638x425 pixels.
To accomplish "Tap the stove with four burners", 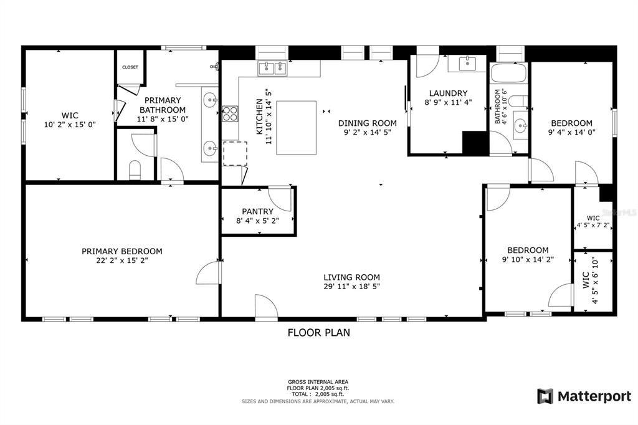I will [230, 113].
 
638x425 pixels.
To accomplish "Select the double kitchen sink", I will [273, 67].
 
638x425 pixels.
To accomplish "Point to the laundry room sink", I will [467, 64].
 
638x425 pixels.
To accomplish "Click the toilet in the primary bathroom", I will [134, 170].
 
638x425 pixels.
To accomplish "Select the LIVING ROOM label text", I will [351, 277].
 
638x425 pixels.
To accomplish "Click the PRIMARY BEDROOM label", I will [121, 251].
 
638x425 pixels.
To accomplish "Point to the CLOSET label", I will [130, 67].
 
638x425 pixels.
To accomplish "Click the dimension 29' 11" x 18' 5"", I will [351, 287].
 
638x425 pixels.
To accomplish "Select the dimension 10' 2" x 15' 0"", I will [69, 124].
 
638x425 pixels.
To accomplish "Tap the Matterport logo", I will [584, 396].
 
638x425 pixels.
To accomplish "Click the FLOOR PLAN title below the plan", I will [318, 333].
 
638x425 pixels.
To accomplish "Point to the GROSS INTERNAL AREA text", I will [318, 381].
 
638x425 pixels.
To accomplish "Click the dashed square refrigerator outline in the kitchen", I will [235, 153].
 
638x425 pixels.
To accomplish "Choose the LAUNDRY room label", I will [447, 93].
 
